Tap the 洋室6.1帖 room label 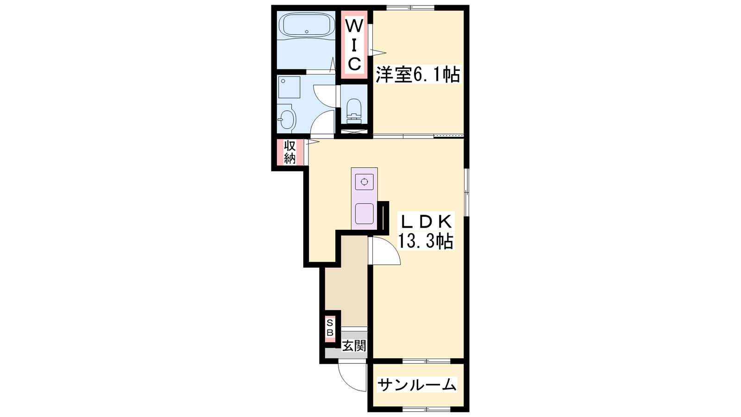418,75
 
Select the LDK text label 426,222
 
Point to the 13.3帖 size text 426,241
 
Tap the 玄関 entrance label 354,346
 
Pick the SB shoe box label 330,328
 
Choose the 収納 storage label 290,152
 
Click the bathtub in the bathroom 306,26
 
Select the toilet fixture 354,111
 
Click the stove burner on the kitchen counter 364,182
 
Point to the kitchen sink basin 364,214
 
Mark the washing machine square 289,88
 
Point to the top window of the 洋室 410,7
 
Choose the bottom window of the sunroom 427,409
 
